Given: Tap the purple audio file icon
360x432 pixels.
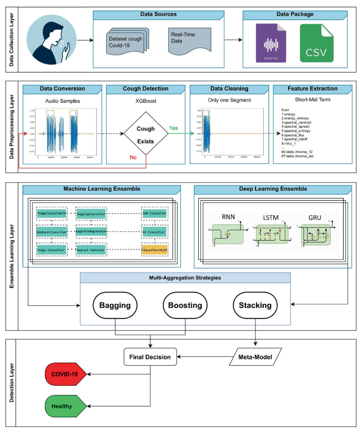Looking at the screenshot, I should pos(271,44).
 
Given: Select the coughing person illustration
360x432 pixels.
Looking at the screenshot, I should pos(50,39).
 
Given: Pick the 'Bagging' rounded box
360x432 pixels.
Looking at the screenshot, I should pos(115,305).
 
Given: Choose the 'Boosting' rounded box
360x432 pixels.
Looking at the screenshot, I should pos(184,305).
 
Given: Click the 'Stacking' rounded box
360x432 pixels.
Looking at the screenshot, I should pos(255,305).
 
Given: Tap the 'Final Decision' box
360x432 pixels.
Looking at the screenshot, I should pos(150,357).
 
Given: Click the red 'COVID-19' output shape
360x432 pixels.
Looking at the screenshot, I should pos(64,375).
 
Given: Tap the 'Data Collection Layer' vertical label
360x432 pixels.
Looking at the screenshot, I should pos(12,39).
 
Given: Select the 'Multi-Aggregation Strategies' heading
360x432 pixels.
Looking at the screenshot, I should pos(184,277).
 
